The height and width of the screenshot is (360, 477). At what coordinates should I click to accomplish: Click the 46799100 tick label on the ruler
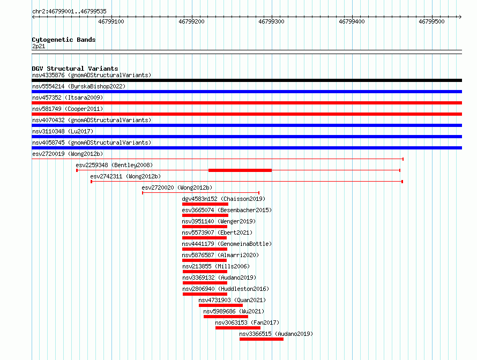pyautogui.click(x=111, y=21)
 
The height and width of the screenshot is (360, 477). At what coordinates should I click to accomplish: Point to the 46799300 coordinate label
pyautogui.click(x=271, y=21)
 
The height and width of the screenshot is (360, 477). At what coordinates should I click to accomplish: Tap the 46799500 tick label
pyautogui.click(x=431, y=21)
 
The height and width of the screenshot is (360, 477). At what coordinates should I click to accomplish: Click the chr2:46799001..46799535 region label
pyautogui.click(x=69, y=12)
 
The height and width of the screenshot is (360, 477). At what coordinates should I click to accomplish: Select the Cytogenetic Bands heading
pyautogui.click(x=64, y=40)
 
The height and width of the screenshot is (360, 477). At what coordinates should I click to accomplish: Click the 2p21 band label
pyautogui.click(x=39, y=46)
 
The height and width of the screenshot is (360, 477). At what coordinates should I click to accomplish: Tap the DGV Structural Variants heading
pyautogui.click(x=75, y=69)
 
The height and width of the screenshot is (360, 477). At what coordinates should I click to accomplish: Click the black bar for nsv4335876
pyautogui.click(x=247, y=80)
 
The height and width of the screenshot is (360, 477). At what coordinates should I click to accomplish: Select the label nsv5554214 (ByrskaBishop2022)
pyautogui.click(x=79, y=86)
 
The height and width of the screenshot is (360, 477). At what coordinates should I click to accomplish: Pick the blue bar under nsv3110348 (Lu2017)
pyautogui.click(x=247, y=137)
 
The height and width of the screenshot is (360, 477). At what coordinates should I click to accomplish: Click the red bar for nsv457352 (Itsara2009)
pyautogui.click(x=247, y=103)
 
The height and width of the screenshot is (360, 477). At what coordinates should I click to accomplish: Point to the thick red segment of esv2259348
pyautogui.click(x=240, y=170)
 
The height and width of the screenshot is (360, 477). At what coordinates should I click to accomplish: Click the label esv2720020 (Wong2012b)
pyautogui.click(x=177, y=187)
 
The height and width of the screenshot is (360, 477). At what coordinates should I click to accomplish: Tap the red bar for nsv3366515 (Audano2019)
pyautogui.click(x=262, y=339)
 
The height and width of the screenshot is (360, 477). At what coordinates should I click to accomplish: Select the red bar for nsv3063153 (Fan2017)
pyautogui.click(x=238, y=328)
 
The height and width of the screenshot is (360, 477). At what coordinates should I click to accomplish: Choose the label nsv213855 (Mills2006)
pyautogui.click(x=216, y=266)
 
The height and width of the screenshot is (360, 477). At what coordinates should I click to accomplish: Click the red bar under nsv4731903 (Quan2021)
pyautogui.click(x=221, y=305)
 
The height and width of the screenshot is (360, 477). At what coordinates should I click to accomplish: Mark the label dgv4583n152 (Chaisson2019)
pyautogui.click(x=223, y=199)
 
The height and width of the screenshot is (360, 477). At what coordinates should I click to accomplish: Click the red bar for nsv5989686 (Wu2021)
pyautogui.click(x=226, y=317)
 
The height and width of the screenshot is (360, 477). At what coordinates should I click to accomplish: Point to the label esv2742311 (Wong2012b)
pyautogui.click(x=125, y=176)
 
